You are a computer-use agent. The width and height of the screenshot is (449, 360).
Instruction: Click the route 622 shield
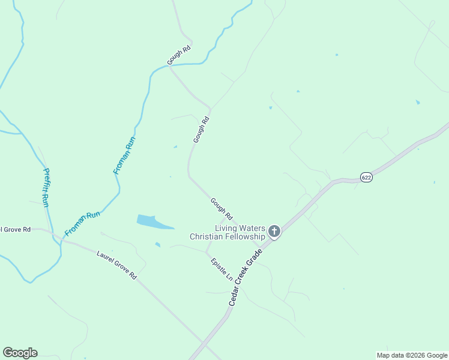tap(366, 177)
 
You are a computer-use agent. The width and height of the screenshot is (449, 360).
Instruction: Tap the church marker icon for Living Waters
tap(274, 231)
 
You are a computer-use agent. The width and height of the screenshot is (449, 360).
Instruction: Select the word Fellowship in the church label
tap(244, 237)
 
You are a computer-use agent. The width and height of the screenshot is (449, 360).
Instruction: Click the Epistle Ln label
tap(221, 270)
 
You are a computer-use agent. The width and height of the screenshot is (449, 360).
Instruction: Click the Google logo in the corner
tap(20, 353)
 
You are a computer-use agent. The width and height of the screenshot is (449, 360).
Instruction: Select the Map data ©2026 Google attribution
tap(412, 355)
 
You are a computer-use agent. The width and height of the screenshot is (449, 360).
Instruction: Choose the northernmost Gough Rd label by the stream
tap(179, 55)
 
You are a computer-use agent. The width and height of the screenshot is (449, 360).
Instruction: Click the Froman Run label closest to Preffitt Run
tap(82, 223)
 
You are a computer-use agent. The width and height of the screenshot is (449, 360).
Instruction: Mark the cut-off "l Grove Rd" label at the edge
tap(15, 229)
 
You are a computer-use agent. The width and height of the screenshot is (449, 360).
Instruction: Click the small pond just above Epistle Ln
tap(157, 244)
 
